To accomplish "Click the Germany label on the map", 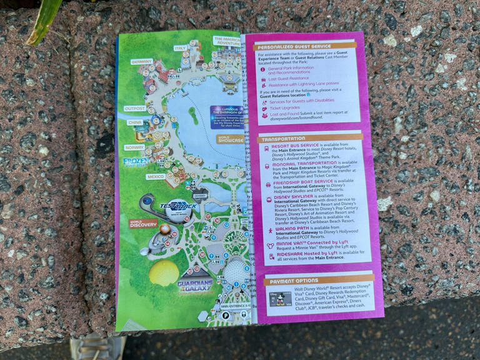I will (142, 62).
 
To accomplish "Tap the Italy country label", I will (181, 47).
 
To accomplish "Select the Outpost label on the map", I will (135, 108).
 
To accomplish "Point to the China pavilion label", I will (135, 122).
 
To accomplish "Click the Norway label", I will (134, 148).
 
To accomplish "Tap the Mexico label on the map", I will (155, 176).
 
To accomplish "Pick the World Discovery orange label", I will (142, 223).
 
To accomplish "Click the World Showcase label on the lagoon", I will (231, 139).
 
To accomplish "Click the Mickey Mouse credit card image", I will (279, 299).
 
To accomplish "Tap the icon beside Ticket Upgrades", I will (264, 107).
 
